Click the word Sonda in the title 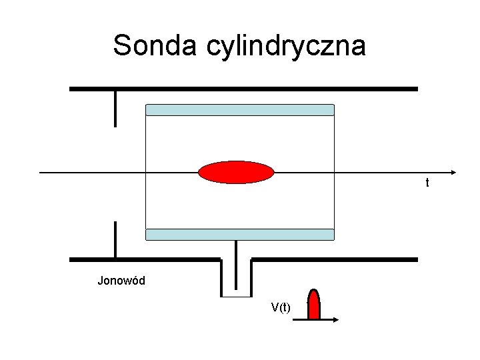click(155, 45)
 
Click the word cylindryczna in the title click(287, 47)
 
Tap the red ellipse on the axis click(236, 172)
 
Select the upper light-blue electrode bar click(239, 110)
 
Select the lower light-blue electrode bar click(239, 234)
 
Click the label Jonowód click(121, 281)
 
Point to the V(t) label click(281, 307)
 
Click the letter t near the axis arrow click(427, 182)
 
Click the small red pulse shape click(313, 305)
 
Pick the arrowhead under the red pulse click(335, 320)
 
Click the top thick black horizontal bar click(243, 89)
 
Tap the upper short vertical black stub click(115, 108)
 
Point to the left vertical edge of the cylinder click(145, 172)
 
